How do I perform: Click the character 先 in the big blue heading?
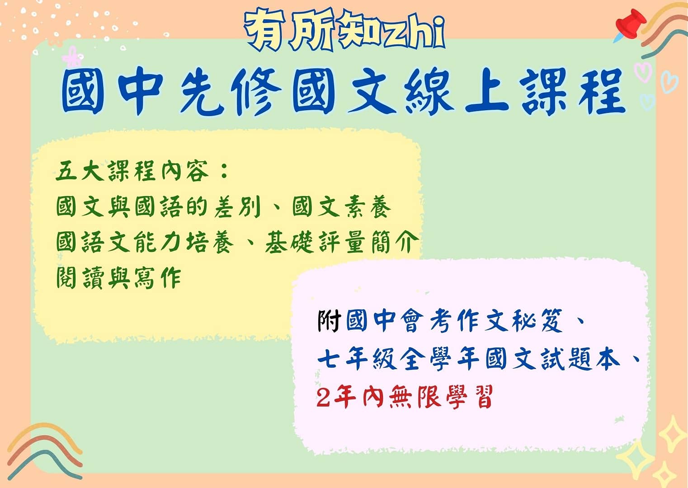(202, 92)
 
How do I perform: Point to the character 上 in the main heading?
(487, 92)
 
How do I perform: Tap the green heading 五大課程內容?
(132, 171)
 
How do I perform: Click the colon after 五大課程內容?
(224, 171)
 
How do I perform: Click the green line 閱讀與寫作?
(118, 277)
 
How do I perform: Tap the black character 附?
(329, 321)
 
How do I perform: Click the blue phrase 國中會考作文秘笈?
(455, 321)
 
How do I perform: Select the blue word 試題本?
(580, 359)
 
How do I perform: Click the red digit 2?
(323, 397)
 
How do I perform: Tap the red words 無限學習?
(441, 397)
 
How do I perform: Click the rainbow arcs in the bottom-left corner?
(45, 451)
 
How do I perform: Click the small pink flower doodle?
(72, 57)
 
